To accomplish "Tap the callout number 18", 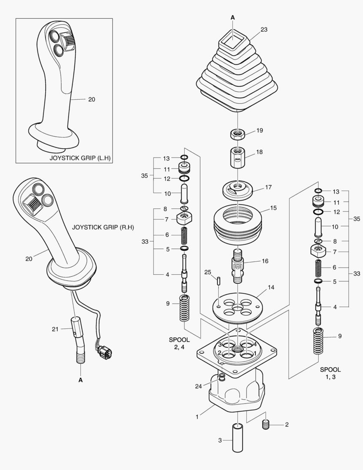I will point(260,152).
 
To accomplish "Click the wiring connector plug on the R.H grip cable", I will point(105,352).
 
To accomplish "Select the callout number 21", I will point(55,329).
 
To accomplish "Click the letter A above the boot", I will point(233,17).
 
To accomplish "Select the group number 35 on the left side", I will point(144,176).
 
